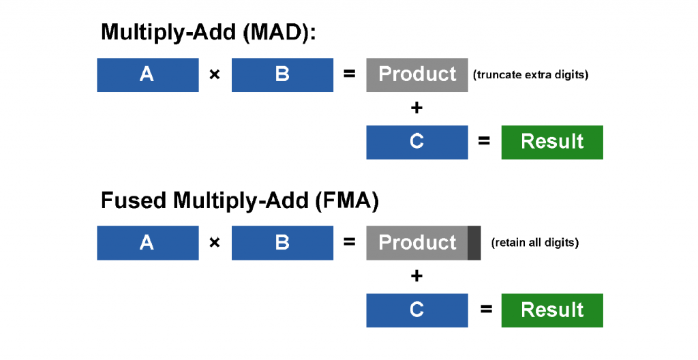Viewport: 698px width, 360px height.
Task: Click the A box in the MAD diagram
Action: [x=148, y=75]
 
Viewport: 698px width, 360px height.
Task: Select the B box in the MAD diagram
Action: [x=282, y=75]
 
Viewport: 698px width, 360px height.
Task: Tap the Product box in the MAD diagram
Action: [x=417, y=75]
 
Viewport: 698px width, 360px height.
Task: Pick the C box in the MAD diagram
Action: [x=417, y=142]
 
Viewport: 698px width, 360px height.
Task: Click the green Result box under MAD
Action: [x=552, y=142]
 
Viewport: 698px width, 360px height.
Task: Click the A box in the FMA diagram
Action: [x=148, y=243]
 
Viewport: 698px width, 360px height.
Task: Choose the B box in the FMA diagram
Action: [x=282, y=243]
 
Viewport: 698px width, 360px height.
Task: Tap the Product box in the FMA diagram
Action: [x=417, y=243]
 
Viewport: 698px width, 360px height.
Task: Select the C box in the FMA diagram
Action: [x=417, y=310]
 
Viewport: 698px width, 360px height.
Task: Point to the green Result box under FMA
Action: [x=552, y=310]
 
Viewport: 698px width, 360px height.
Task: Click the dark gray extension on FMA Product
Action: [x=474, y=243]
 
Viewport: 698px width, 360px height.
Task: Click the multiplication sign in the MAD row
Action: [x=215, y=74]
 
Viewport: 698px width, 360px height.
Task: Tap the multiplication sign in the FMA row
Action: [x=215, y=242]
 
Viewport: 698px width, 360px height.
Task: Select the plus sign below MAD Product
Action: [x=416, y=108]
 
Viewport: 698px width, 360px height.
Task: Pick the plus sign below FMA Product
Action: [x=416, y=276]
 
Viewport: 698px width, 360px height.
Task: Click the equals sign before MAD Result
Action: [x=484, y=141]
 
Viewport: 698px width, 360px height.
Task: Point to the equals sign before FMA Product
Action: [x=350, y=242]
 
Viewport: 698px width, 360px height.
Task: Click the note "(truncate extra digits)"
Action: [x=530, y=74]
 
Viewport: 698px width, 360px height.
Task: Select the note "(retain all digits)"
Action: [x=535, y=242]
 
